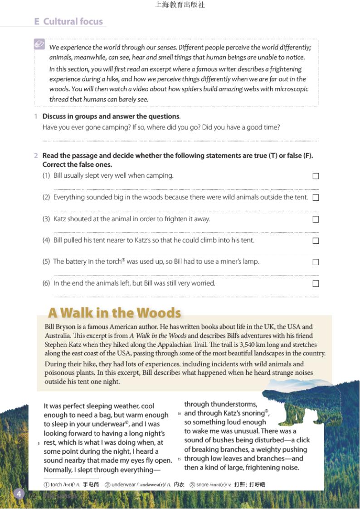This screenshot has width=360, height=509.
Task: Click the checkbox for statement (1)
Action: [316, 176]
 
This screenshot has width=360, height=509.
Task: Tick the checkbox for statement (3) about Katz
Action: [316, 219]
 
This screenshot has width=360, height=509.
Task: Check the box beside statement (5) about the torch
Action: [316, 262]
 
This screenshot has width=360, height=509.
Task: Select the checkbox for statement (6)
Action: [316, 284]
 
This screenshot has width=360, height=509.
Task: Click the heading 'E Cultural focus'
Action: [69, 21]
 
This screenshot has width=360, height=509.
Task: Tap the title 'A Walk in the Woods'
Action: [114, 313]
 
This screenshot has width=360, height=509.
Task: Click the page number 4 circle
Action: [19, 494]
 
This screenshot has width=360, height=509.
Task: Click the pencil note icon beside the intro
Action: [39, 44]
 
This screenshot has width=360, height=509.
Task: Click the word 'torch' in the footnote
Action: [56, 485]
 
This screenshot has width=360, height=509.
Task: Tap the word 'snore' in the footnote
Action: [202, 485]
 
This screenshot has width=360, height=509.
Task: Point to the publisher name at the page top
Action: [180, 5]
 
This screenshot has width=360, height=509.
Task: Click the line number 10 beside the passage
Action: [179, 414]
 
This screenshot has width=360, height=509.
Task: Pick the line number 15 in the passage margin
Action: [179, 459]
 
